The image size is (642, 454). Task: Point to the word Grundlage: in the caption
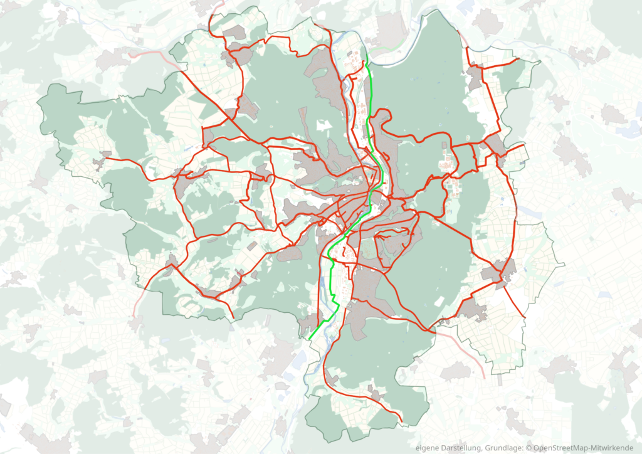coord(505,448)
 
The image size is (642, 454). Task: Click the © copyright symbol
coord(529,448)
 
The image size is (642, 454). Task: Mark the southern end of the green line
coord(310,339)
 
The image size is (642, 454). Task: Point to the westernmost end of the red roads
coord(104,158)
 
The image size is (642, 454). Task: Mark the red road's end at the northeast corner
coord(520,60)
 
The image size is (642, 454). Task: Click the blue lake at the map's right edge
coord(629,130)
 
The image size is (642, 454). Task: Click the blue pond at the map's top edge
coord(466,6)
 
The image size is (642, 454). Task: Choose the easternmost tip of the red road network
coord(525,145)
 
